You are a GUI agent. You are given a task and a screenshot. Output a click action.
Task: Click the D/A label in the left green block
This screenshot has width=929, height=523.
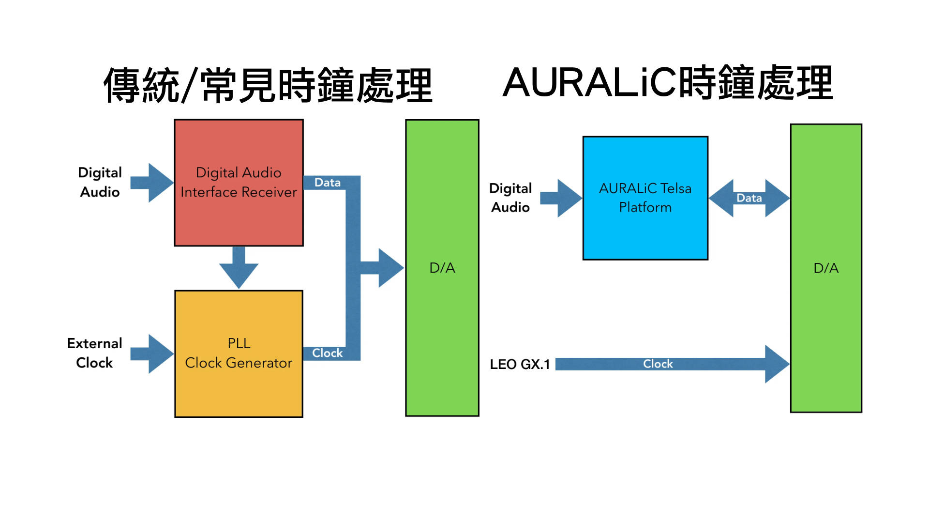(x=442, y=268)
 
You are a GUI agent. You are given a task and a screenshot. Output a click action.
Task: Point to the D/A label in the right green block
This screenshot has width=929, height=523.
(x=826, y=268)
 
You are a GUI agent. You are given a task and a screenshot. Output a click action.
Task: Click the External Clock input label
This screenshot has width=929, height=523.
(x=94, y=353)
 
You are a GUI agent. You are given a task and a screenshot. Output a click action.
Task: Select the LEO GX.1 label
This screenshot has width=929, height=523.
(x=520, y=364)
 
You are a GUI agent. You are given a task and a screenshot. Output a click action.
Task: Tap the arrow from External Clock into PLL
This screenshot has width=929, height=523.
(x=151, y=354)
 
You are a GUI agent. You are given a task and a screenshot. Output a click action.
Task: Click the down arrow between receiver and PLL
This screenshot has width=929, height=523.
(x=239, y=267)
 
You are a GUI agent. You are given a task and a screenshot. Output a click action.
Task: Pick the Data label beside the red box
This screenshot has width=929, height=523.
(x=328, y=183)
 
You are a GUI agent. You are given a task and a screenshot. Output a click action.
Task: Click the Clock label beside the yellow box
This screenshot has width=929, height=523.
(x=328, y=353)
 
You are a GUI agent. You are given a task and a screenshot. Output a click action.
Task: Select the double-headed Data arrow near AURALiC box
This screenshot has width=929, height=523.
(x=749, y=198)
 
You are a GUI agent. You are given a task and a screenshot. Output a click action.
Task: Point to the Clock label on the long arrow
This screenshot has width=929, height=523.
(x=658, y=364)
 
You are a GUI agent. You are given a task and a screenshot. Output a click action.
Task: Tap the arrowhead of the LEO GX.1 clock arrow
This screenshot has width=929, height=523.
(x=777, y=364)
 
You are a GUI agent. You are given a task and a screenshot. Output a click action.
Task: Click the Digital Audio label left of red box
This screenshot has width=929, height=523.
(x=100, y=183)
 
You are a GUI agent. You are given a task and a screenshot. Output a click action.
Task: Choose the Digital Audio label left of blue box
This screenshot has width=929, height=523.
(x=510, y=198)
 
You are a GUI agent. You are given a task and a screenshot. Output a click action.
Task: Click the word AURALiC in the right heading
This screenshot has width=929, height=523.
(x=590, y=82)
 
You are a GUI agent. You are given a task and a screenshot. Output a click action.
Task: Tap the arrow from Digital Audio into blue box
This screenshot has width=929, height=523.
(x=561, y=198)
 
